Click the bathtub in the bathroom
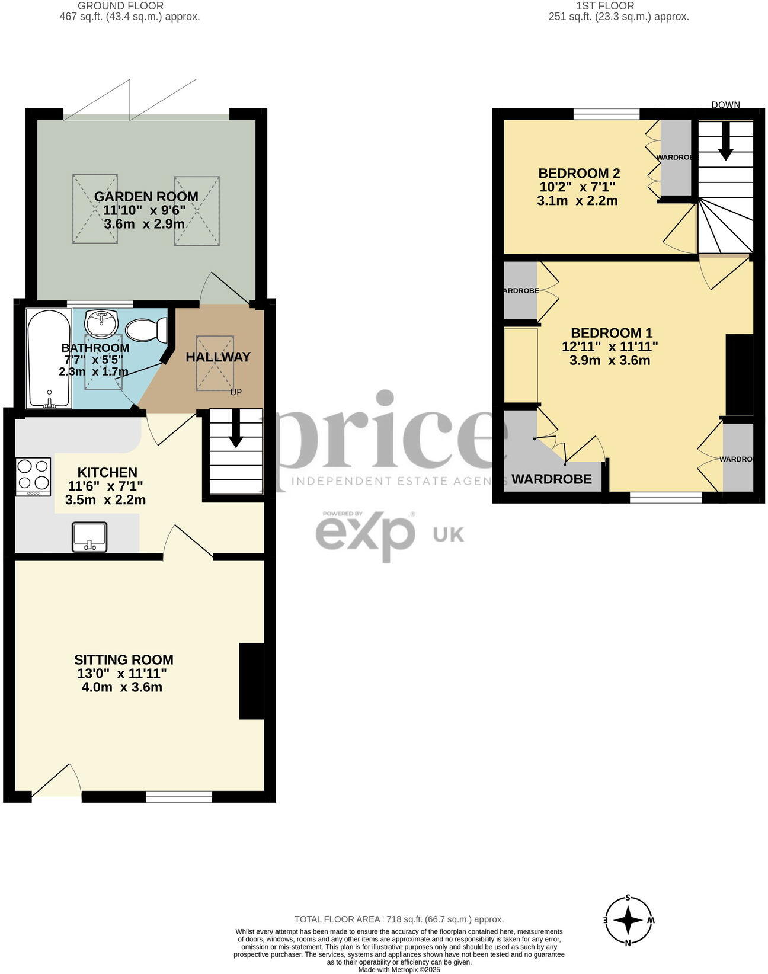click(x=49, y=359)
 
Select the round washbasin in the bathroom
click(x=102, y=323)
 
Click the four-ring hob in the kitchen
click(x=33, y=475)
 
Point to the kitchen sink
click(x=89, y=536)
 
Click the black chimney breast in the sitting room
click(x=251, y=681)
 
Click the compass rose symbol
click(x=628, y=920)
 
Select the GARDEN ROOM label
click(x=146, y=197)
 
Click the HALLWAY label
click(x=218, y=357)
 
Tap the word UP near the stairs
click(x=236, y=392)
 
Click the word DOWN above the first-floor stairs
click(x=725, y=105)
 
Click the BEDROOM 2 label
click(x=579, y=173)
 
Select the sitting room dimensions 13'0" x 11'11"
click(x=121, y=674)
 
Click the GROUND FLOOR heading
click(x=129, y=6)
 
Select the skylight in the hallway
click(x=215, y=363)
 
